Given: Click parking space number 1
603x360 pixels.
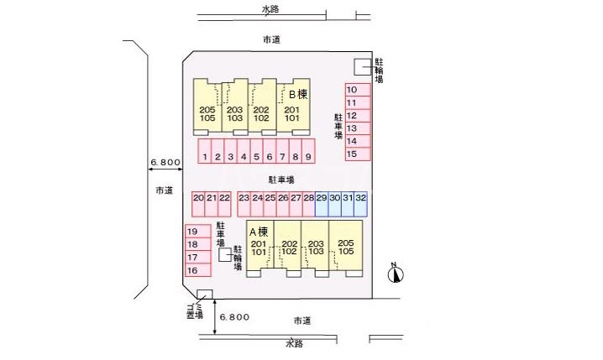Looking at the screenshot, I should [205, 156].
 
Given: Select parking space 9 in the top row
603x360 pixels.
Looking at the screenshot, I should [308, 156].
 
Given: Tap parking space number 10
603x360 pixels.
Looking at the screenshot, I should [354, 90].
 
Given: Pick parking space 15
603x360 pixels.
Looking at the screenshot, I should [354, 154].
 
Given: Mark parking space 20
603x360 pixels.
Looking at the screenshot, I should [198, 198].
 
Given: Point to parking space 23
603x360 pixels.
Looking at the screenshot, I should [244, 198].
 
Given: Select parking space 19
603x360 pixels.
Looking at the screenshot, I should [192, 232].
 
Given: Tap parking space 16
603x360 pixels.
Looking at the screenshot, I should [192, 270].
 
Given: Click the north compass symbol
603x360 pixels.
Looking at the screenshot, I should [396, 272].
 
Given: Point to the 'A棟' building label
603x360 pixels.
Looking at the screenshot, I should [258, 231].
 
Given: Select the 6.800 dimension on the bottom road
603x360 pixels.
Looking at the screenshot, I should [234, 317].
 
